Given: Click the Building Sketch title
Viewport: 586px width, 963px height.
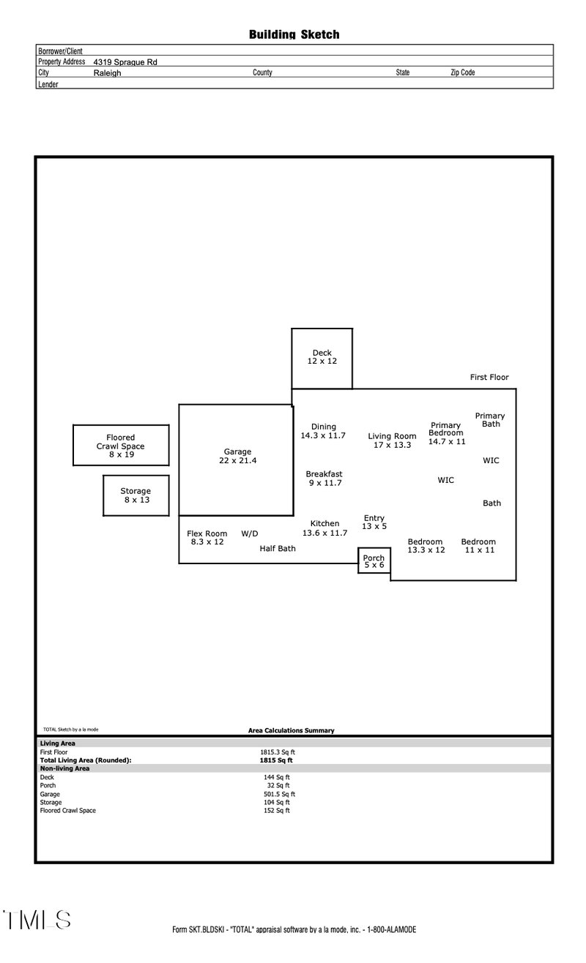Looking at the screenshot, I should click(294, 34).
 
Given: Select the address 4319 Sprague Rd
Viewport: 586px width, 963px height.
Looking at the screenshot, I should click(125, 62).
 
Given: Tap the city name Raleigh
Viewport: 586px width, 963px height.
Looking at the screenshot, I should click(107, 73).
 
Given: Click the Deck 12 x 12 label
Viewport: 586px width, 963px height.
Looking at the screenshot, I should click(322, 357).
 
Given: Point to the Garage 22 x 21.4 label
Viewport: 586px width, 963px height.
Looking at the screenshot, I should click(237, 456).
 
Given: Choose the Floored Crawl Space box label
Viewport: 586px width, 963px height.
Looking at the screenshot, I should click(121, 446).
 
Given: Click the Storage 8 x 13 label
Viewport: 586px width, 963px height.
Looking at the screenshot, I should click(136, 495).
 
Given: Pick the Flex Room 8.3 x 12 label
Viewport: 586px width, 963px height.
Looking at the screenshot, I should click(207, 538).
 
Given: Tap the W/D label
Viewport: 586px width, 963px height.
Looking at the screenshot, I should click(250, 533).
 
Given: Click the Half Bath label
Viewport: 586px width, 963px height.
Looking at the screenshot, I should click(278, 548).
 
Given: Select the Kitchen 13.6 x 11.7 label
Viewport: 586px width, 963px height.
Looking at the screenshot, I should click(324, 528).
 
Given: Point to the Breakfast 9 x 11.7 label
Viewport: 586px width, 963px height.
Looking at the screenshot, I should click(324, 479).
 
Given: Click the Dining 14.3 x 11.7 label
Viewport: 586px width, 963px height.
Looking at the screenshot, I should click(323, 431).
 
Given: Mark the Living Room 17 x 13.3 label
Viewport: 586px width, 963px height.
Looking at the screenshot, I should click(392, 441).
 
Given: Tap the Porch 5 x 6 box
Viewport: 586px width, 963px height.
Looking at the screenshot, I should click(374, 561).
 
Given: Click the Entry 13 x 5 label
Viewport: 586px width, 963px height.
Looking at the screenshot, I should click(374, 522).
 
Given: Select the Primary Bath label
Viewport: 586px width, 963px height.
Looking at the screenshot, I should click(490, 420).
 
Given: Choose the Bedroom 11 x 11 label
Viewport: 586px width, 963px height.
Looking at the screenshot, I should click(478, 546).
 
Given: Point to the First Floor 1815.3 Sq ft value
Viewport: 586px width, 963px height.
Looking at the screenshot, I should click(278, 752).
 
